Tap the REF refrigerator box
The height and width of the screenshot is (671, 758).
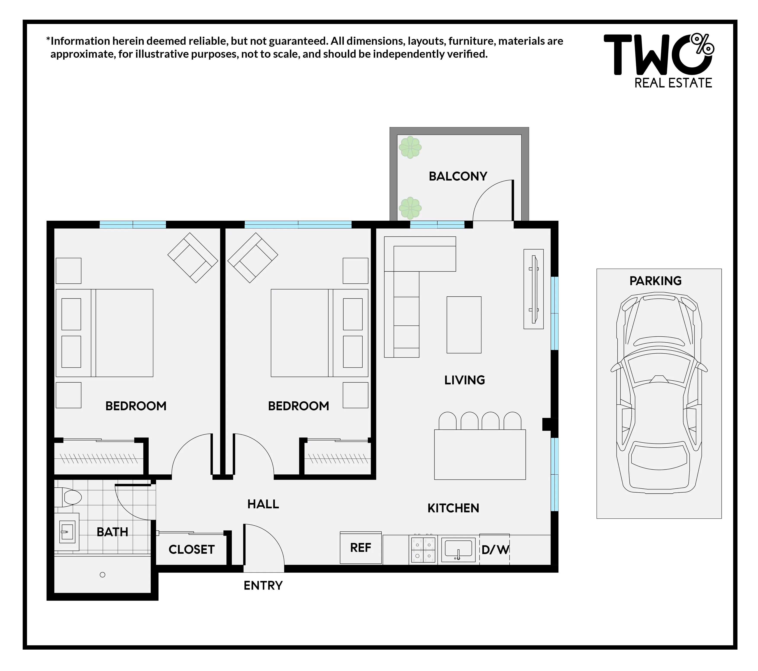360,548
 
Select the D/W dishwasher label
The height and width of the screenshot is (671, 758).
495,549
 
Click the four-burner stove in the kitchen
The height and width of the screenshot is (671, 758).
423,550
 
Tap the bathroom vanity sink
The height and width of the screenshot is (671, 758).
67,532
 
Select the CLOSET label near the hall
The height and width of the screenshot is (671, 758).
191,549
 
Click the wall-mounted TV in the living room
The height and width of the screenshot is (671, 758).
534,289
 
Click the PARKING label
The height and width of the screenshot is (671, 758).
655,281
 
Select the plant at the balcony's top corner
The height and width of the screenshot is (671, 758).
410,147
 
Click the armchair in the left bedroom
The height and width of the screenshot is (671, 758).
193,258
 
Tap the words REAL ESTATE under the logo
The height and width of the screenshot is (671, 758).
673,83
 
